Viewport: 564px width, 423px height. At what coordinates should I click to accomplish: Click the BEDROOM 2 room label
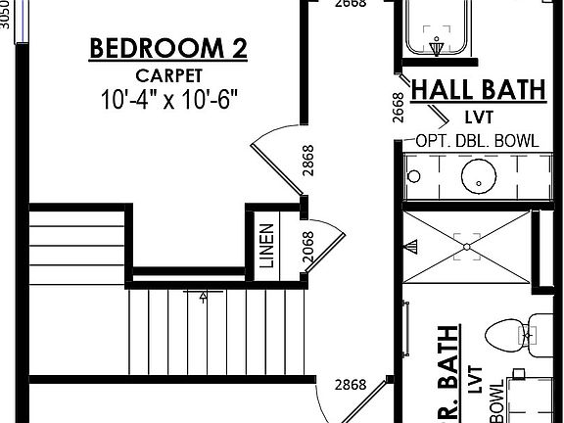[167, 48]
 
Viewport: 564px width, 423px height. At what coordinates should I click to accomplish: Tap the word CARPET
[168, 74]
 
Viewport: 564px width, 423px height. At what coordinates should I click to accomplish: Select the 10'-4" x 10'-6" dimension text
[168, 99]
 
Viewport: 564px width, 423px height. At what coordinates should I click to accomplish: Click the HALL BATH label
[477, 90]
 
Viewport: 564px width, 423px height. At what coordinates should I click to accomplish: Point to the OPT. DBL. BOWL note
[477, 140]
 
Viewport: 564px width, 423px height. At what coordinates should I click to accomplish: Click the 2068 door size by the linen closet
[307, 247]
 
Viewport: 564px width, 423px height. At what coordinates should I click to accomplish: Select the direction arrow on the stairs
[203, 294]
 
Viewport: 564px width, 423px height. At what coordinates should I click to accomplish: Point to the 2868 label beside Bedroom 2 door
[307, 161]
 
